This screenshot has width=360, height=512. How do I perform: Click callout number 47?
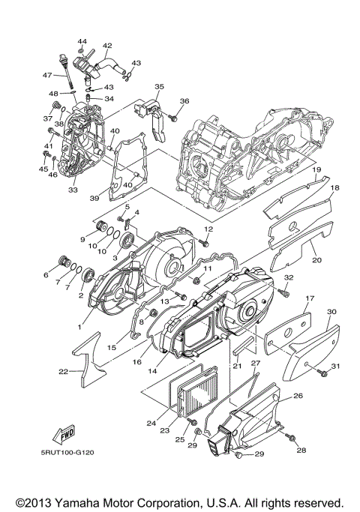pos(46,75)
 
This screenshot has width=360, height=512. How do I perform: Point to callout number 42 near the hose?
pos(107,46)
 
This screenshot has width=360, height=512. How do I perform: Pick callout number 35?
pos(158,88)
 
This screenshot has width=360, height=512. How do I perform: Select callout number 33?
pos(73,190)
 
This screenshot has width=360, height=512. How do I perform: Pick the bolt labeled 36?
pos(172,117)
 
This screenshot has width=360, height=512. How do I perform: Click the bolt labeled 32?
pos(283,291)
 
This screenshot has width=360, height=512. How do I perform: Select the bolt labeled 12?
pos(204,241)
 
